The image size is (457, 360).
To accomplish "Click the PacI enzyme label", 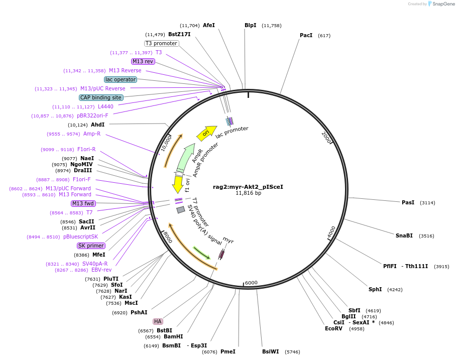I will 306,36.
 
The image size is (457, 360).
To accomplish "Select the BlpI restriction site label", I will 250,25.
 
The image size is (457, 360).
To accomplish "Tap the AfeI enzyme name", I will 209,25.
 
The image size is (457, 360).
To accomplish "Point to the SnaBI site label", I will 404,235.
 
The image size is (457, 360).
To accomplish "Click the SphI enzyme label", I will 375,289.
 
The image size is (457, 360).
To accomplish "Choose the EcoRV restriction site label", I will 333,328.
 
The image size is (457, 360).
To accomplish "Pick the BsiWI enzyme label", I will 270,352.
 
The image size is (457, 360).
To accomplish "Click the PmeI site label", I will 228,352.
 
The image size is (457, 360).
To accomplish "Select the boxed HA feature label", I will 158,321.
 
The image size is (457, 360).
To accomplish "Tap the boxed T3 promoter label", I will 161,43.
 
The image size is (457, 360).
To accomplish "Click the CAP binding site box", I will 100,97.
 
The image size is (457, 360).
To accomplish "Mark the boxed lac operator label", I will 121,79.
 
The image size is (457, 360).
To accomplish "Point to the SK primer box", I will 91,246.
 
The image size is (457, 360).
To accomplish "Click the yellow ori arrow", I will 205,133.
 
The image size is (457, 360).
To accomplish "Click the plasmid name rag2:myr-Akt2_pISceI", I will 248,187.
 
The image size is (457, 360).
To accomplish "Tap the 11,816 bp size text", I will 248,193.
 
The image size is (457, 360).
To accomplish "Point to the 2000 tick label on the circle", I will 326,138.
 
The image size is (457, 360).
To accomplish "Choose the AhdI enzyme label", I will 98,125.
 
